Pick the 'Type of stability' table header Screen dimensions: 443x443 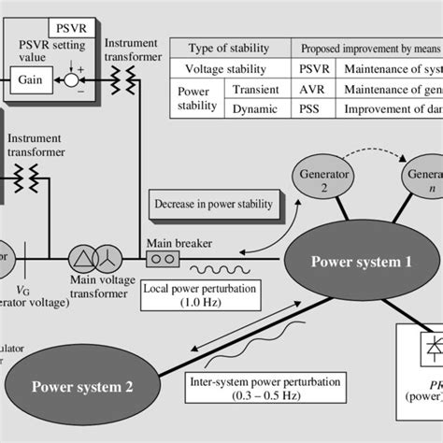point(228,48)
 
